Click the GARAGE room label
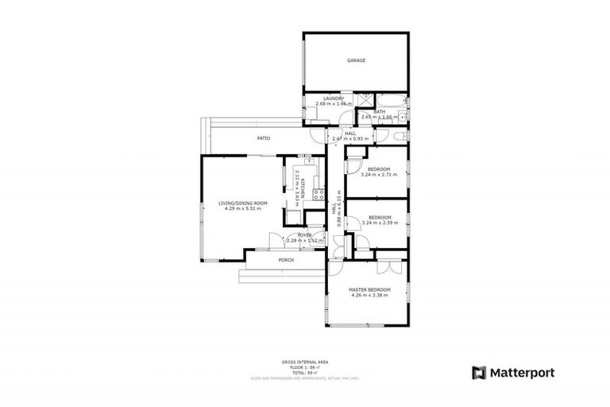(x=356, y=60)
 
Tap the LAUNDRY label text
(x=333, y=99)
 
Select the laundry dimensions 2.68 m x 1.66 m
(x=333, y=104)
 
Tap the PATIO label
(x=263, y=138)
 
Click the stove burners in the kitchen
(x=319, y=192)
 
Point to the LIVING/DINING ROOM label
(x=243, y=203)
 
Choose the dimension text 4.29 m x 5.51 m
(x=243, y=209)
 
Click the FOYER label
(x=304, y=235)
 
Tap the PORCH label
(x=286, y=260)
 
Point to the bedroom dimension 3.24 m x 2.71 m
(x=379, y=174)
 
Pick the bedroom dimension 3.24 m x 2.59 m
(x=379, y=223)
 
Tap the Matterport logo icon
(x=478, y=372)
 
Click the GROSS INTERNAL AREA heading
(x=299, y=362)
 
